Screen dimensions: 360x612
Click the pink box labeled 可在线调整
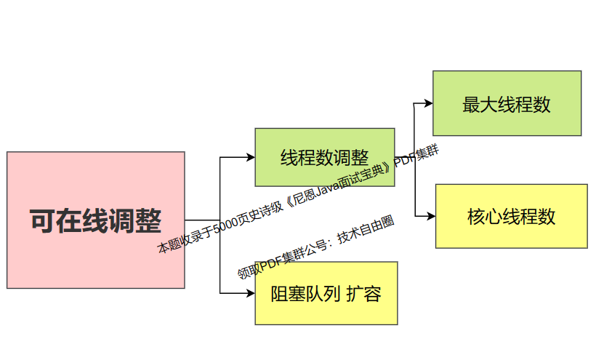[95, 220]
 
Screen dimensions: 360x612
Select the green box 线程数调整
[324, 158]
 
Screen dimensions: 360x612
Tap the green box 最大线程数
[507, 103]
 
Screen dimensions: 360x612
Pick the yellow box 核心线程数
[511, 216]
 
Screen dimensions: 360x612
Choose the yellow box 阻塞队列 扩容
[326, 293]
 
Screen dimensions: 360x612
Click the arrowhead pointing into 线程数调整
[250, 158]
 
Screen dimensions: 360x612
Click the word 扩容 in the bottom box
[363, 294]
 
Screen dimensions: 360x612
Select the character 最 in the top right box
[470, 104]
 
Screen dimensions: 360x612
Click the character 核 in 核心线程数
[475, 217]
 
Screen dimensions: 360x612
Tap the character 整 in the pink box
[148, 220]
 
